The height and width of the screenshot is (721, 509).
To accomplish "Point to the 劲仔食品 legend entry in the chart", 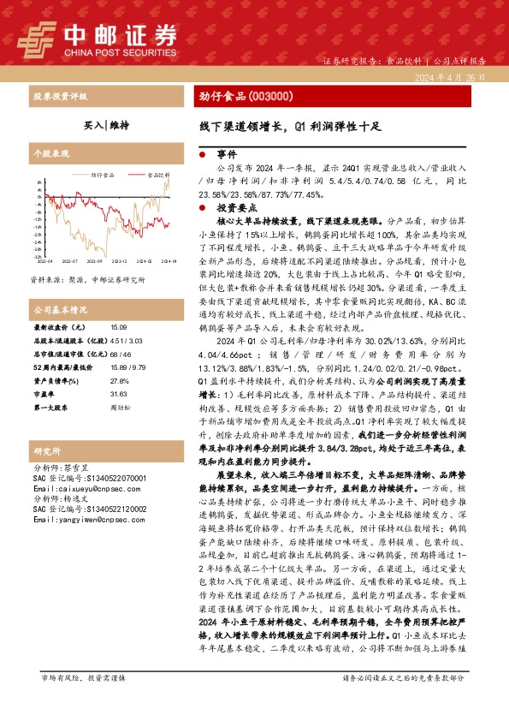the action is (x=99, y=174).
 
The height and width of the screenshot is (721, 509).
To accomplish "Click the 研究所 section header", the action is (x=44, y=450).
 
